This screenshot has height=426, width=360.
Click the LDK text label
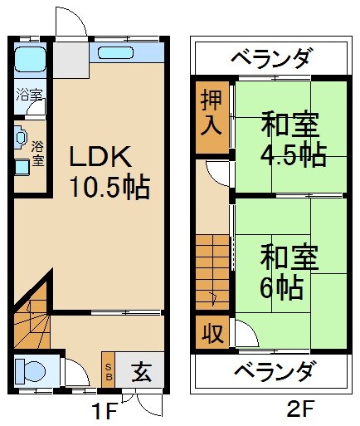(x=99, y=157)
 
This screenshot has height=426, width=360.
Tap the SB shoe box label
(x=108, y=371)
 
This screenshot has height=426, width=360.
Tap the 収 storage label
(x=211, y=334)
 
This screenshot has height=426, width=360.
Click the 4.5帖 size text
(x=292, y=155)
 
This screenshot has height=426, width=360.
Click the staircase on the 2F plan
(x=212, y=270)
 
